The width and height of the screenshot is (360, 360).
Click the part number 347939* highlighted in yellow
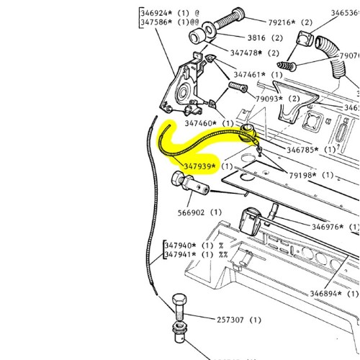[x=201, y=166]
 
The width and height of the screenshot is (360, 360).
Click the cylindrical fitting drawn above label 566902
[x=190, y=184]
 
